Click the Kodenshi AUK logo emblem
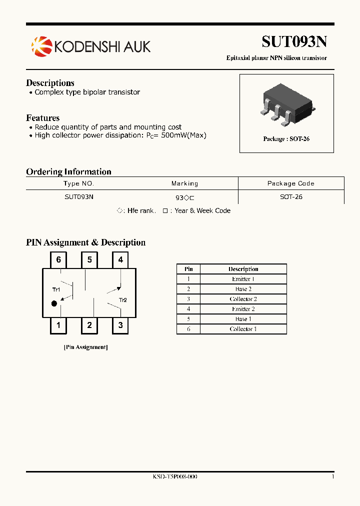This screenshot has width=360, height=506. click(x=41, y=46)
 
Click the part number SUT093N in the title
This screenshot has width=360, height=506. click(x=294, y=41)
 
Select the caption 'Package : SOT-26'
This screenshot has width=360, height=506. click(x=286, y=138)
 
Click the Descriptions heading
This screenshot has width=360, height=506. click(x=50, y=83)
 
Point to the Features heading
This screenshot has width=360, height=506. click(x=42, y=118)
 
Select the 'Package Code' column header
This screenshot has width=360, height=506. click(x=290, y=183)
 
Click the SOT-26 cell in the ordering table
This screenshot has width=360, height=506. click(x=291, y=197)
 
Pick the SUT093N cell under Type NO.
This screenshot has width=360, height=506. click(x=79, y=197)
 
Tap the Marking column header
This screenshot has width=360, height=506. click(x=184, y=183)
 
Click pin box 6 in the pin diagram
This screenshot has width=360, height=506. click(x=58, y=259)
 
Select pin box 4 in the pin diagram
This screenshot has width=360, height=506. click(x=120, y=259)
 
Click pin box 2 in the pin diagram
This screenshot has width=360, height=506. click(x=89, y=325)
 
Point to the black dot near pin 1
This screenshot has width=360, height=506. click(x=54, y=303)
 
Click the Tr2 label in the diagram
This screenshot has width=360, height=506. click(x=123, y=300)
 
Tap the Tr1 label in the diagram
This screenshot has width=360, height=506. click(x=56, y=289)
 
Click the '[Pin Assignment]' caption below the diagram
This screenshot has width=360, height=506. click(x=85, y=347)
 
